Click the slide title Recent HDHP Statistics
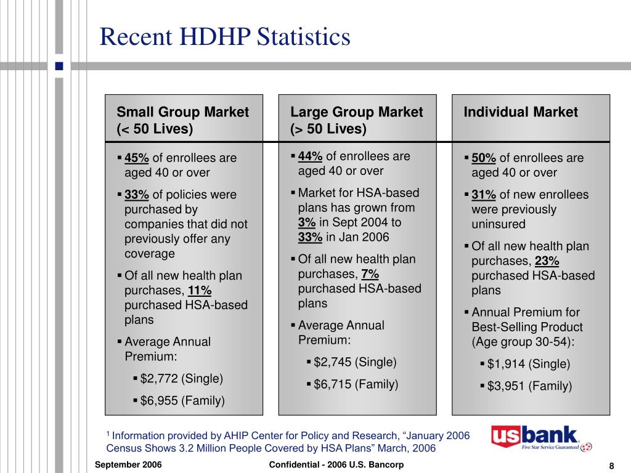click(225, 37)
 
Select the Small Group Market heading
click(183, 112)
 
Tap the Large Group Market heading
click(357, 112)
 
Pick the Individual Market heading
click(521, 112)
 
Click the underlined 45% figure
click(137, 158)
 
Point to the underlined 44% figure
click(311, 156)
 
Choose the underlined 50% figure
click(484, 158)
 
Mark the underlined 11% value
click(200, 291)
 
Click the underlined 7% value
click(370, 274)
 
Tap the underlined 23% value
click(547, 261)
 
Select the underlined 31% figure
click(484, 195)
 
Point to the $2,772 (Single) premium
click(182, 378)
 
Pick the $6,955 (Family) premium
click(182, 401)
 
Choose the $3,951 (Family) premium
click(529, 387)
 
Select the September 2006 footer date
click(128, 465)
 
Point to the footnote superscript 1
click(108, 434)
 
